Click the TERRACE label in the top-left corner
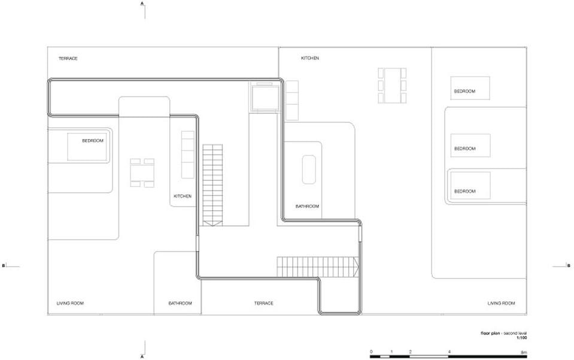pyautogui.click(x=68, y=59)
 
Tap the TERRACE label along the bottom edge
pyautogui.click(x=263, y=303)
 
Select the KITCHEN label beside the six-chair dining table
pyautogui.click(x=309, y=58)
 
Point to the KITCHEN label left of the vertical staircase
pyautogui.click(x=183, y=196)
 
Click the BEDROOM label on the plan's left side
pyautogui.click(x=93, y=141)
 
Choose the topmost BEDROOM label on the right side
pyautogui.click(x=464, y=91)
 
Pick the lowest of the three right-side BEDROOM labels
pyautogui.click(x=465, y=191)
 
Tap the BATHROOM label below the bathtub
pyautogui.click(x=307, y=206)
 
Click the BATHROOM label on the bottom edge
pyautogui.click(x=180, y=303)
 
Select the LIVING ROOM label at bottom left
pyautogui.click(x=70, y=303)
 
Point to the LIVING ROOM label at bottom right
pyautogui.click(x=501, y=303)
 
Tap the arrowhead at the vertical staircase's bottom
pyautogui.click(x=212, y=223)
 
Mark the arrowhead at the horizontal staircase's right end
pyautogui.click(x=356, y=267)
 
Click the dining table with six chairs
pyautogui.click(x=392, y=85)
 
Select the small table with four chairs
pyautogui.click(x=142, y=173)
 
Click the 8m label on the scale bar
pyautogui.click(x=524, y=352)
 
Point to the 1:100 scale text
pyautogui.click(x=522, y=338)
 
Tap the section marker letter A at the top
pyautogui.click(x=142, y=4)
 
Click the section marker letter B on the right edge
pyautogui.click(x=569, y=265)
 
